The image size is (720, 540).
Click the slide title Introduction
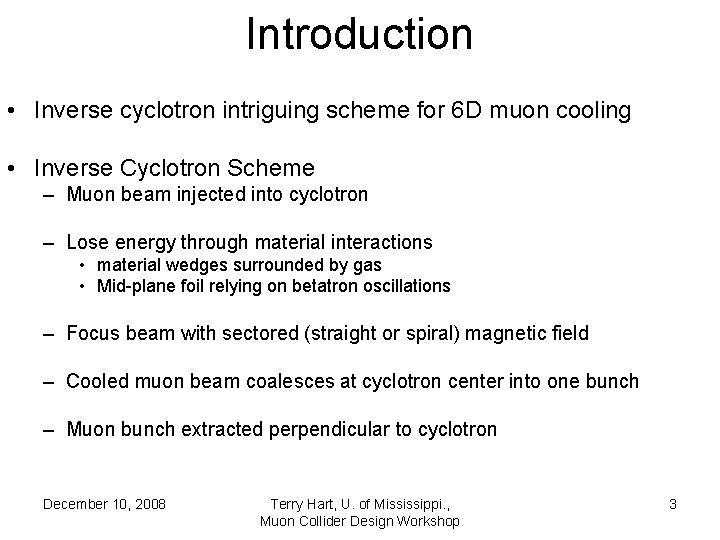click(359, 34)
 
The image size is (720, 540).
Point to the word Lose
click(87, 242)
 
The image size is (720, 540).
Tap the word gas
click(368, 265)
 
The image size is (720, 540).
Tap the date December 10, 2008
click(104, 504)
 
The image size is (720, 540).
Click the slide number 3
click(673, 504)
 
